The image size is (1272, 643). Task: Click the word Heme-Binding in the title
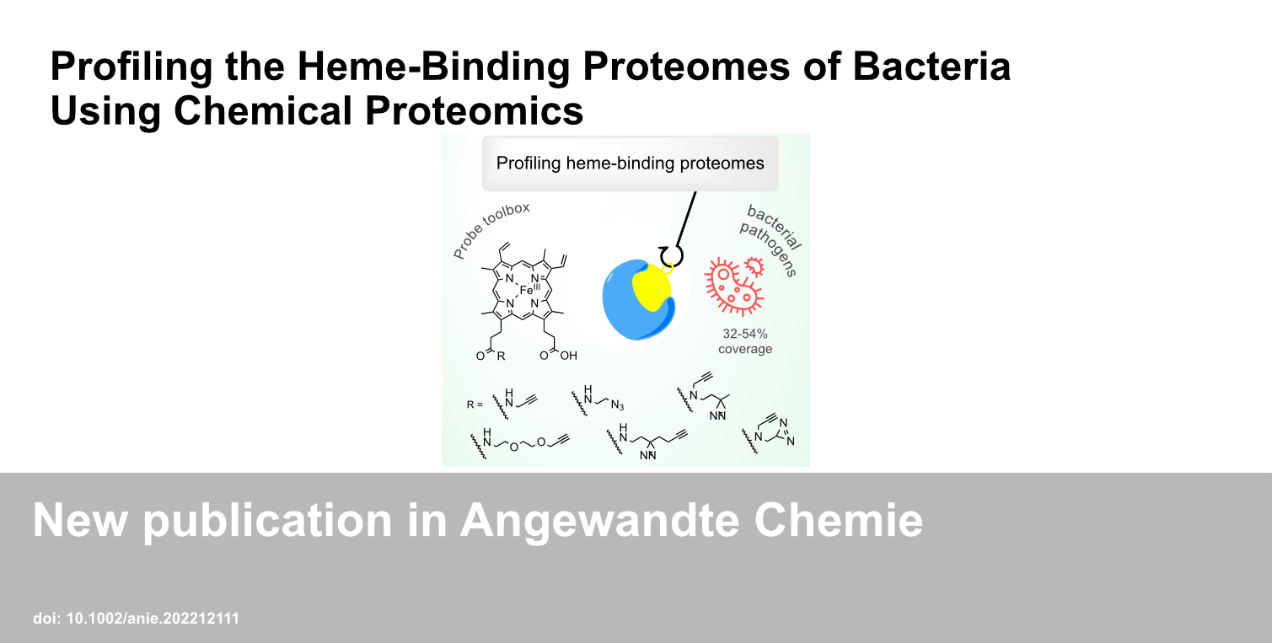pos(433,67)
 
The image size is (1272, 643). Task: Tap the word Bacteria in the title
pos(931,67)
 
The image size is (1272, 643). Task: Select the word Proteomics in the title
pos(475,110)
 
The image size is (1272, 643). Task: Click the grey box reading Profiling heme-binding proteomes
pos(630,163)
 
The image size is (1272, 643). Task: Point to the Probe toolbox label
pos(491,230)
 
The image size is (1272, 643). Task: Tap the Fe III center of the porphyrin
pos(529,290)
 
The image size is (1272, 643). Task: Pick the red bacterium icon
pos(734,286)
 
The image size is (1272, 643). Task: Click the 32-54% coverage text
pos(745,341)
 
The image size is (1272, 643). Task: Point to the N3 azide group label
pos(617,405)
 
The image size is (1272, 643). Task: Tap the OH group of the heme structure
pos(568,356)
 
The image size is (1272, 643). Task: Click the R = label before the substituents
pos(475,405)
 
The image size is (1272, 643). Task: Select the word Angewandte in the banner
pos(599,521)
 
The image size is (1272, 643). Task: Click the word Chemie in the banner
pos(838,520)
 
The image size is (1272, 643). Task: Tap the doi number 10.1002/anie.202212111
pos(153,619)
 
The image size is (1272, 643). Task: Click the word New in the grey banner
pos(80,520)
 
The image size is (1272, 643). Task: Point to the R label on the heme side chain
pos(501,356)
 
